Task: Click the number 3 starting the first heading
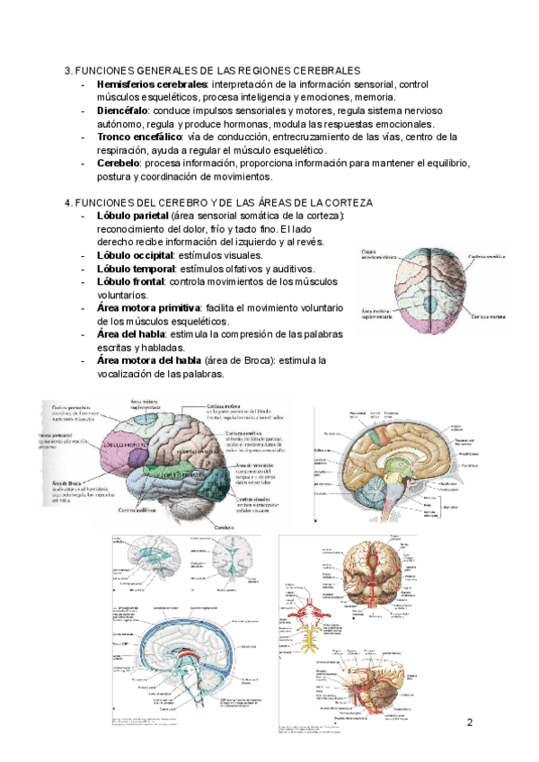68,70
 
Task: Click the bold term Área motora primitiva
147,308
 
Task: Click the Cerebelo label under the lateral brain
225,527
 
